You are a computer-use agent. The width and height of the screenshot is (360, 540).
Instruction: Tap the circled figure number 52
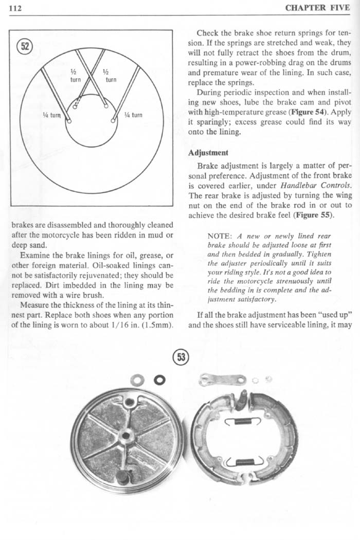coord(24,47)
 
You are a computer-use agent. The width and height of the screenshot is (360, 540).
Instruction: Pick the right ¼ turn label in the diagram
coord(133,115)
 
